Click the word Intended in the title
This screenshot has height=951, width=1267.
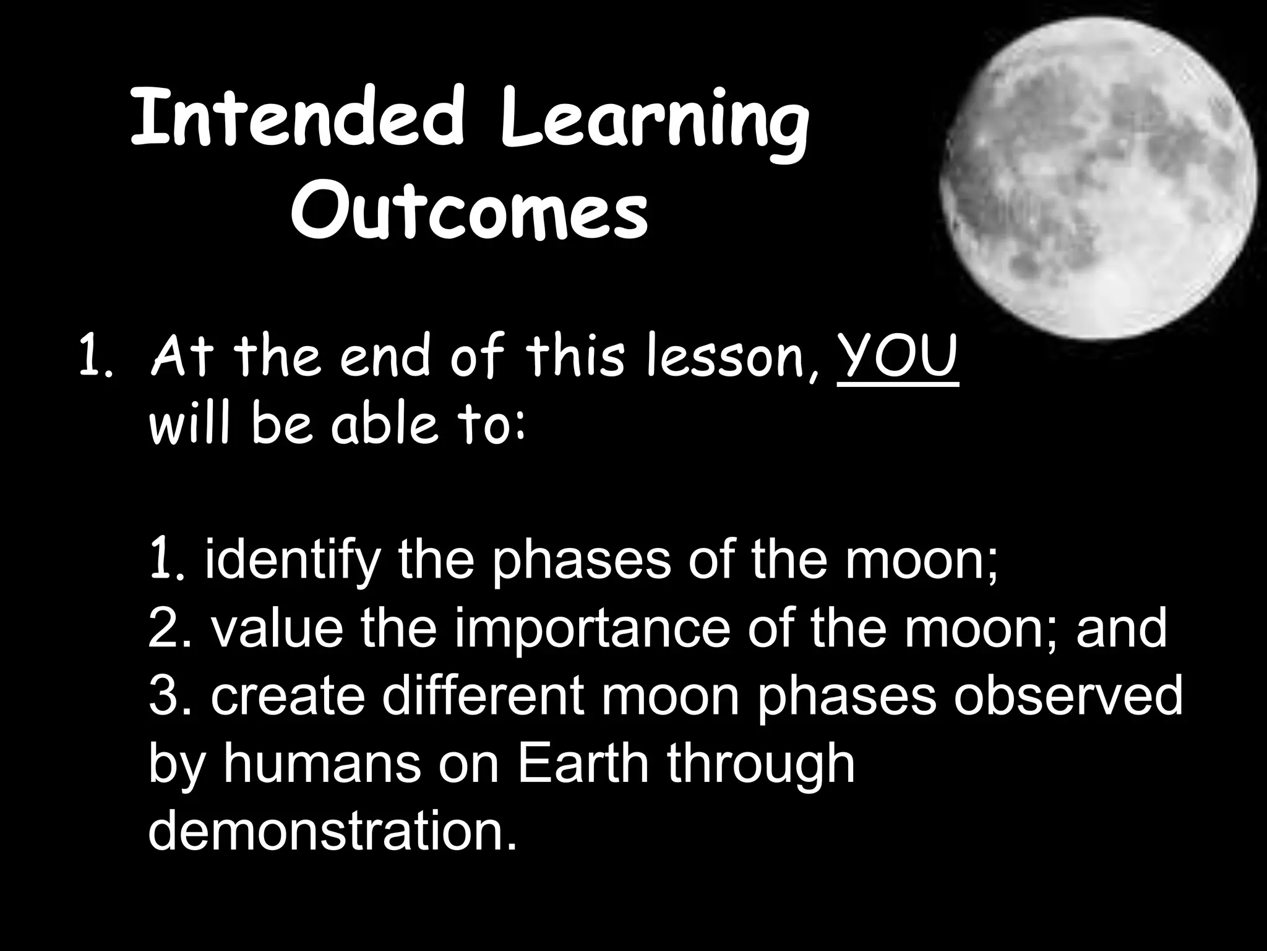pos(297,119)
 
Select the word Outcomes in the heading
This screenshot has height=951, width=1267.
pos(470,214)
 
